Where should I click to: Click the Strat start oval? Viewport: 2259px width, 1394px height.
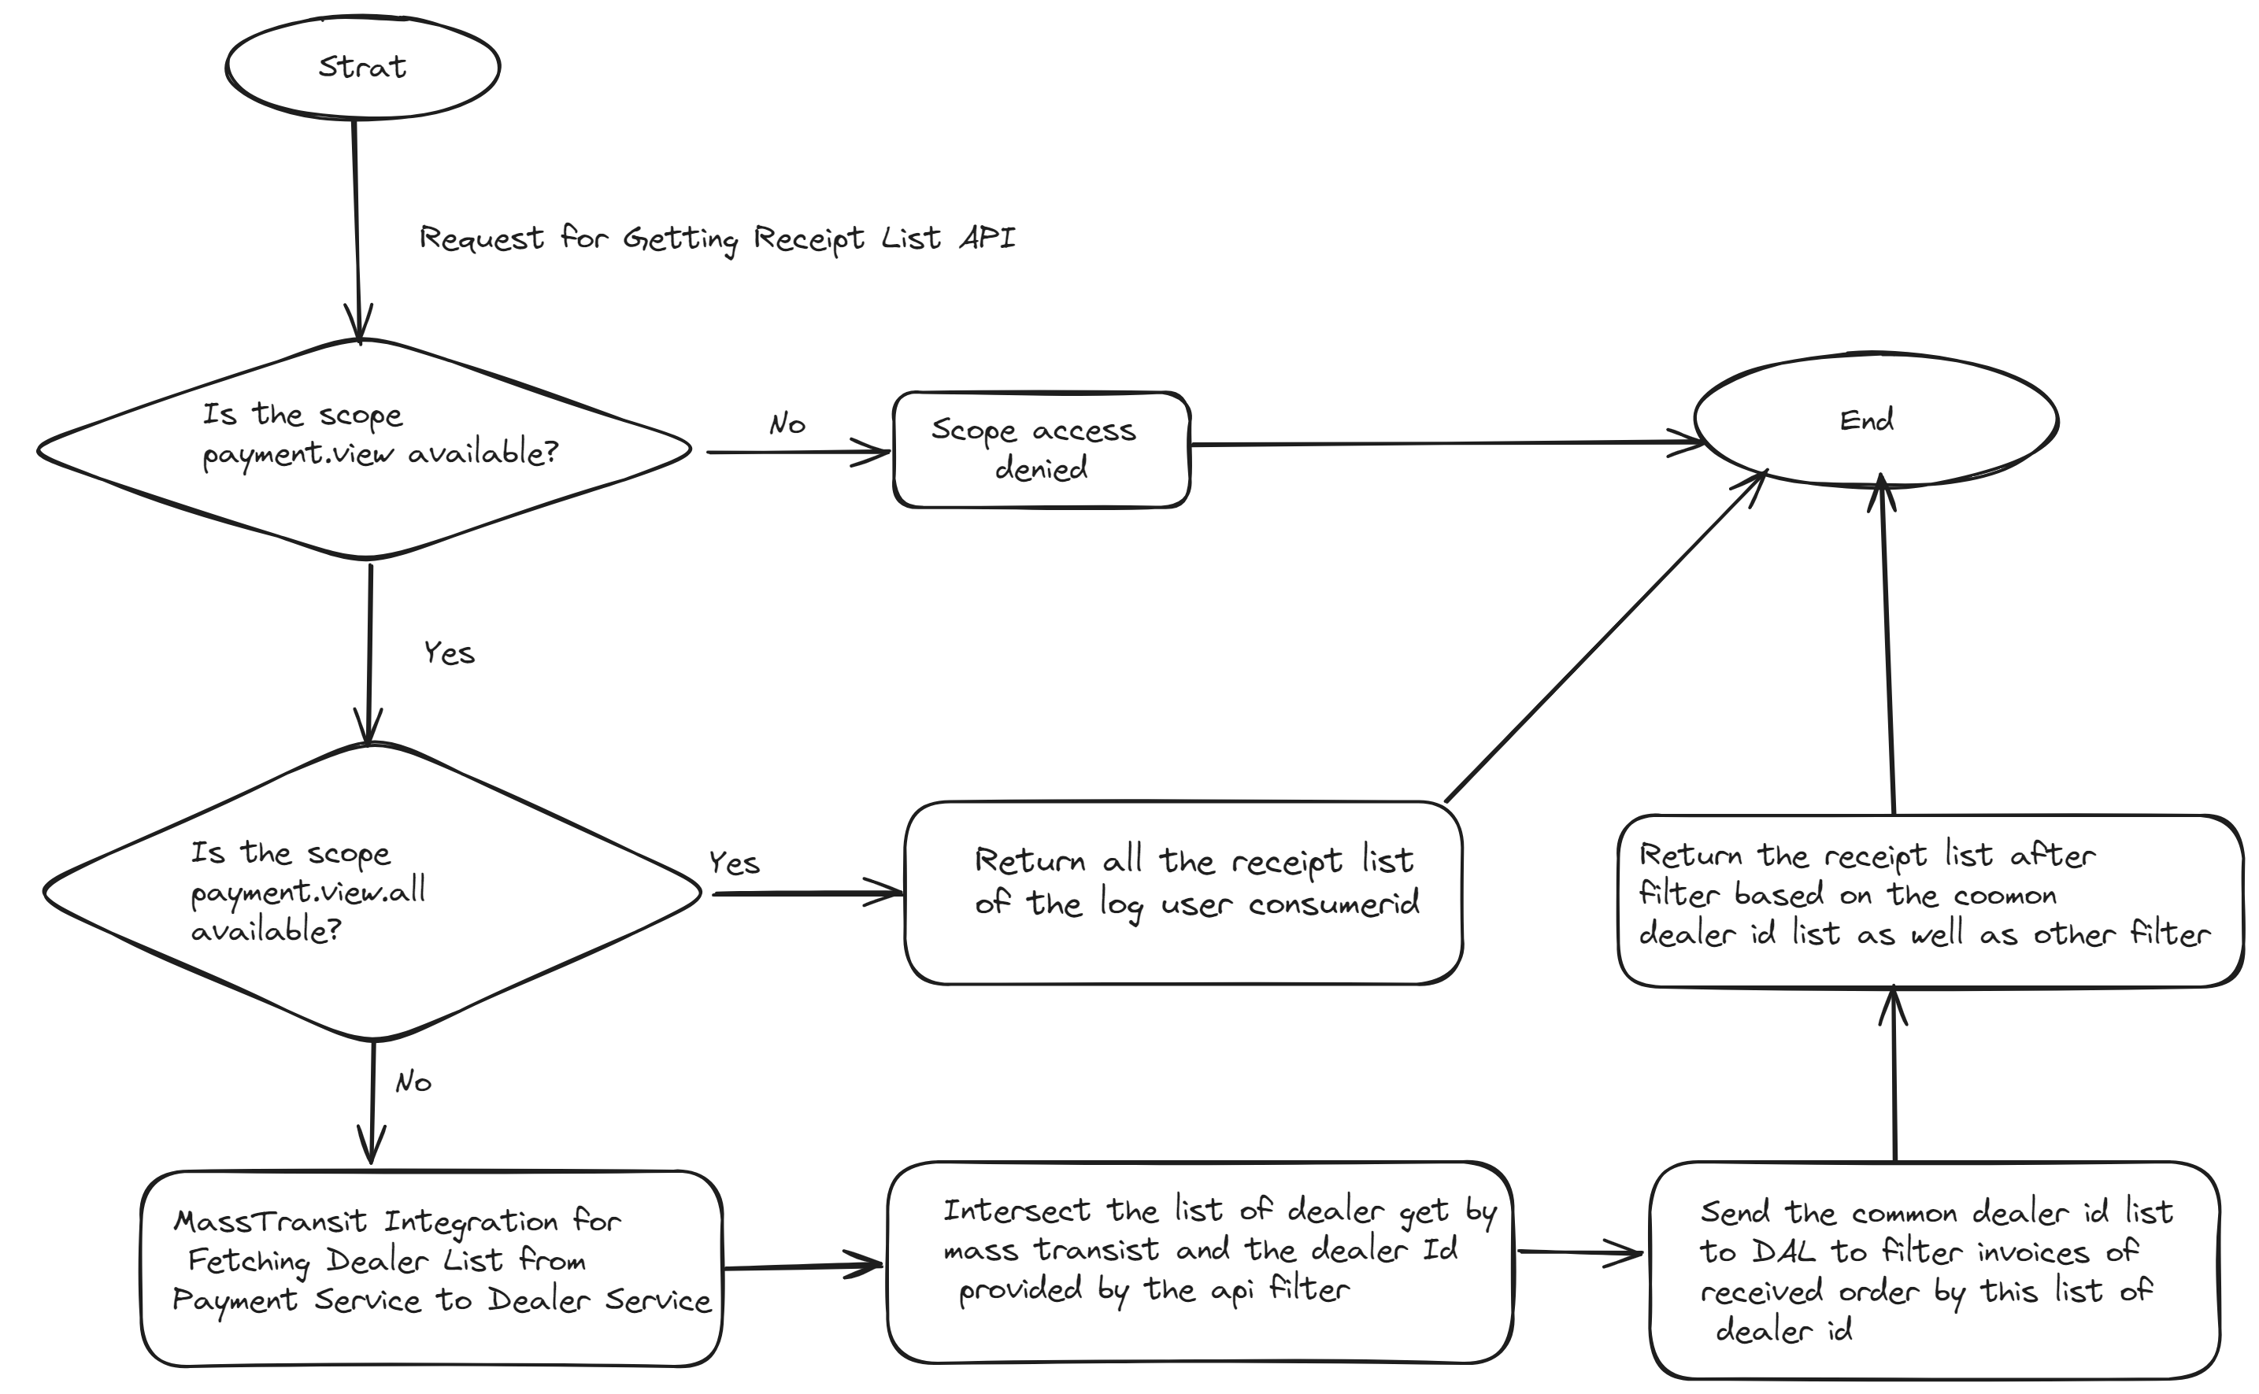point(362,68)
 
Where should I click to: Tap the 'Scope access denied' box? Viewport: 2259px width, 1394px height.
point(1041,450)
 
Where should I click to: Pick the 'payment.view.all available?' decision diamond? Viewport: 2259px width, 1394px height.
point(371,892)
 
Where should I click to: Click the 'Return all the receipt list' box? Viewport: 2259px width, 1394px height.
point(1183,893)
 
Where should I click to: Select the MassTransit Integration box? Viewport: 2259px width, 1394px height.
point(431,1268)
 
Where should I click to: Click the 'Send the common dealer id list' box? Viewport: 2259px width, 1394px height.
point(1934,1270)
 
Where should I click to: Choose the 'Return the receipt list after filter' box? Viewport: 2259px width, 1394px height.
point(1929,900)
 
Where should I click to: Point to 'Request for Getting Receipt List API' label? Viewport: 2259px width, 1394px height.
point(717,238)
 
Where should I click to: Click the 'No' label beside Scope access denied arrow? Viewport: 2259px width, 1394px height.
point(787,424)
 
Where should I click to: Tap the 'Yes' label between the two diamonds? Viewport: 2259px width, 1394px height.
point(449,653)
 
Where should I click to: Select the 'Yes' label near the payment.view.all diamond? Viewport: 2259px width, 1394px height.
point(734,863)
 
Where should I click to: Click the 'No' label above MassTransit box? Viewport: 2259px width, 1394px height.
point(413,1082)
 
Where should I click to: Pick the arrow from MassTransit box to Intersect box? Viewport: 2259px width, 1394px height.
point(802,1266)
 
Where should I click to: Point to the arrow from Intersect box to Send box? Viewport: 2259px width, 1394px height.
point(1579,1252)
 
